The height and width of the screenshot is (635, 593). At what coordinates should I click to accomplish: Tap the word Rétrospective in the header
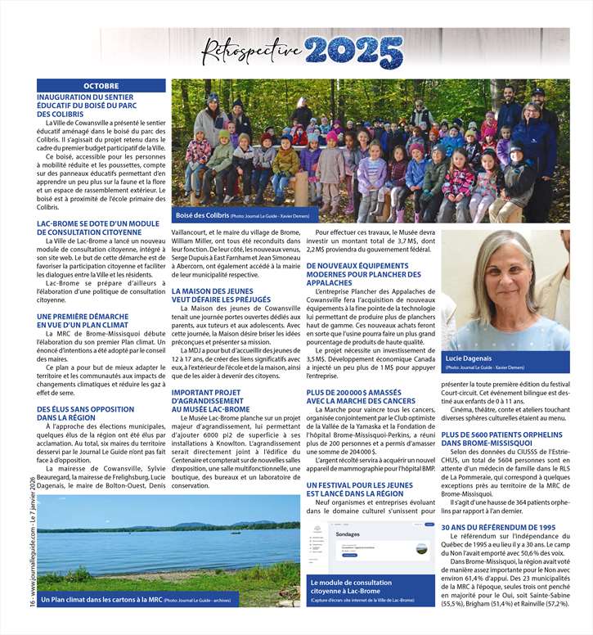pyautogui.click(x=252, y=51)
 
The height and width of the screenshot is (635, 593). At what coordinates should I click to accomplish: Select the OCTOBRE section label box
pyautogui.click(x=101, y=86)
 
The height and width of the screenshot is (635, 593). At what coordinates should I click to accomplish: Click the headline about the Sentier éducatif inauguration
pyautogui.click(x=85, y=106)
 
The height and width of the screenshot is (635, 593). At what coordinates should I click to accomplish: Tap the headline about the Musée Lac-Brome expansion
pyautogui.click(x=209, y=401)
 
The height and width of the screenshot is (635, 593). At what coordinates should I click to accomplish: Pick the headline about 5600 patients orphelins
pyautogui.click(x=500, y=439)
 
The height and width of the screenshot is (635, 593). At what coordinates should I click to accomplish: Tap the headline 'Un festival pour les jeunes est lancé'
pyautogui.click(x=355, y=489)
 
